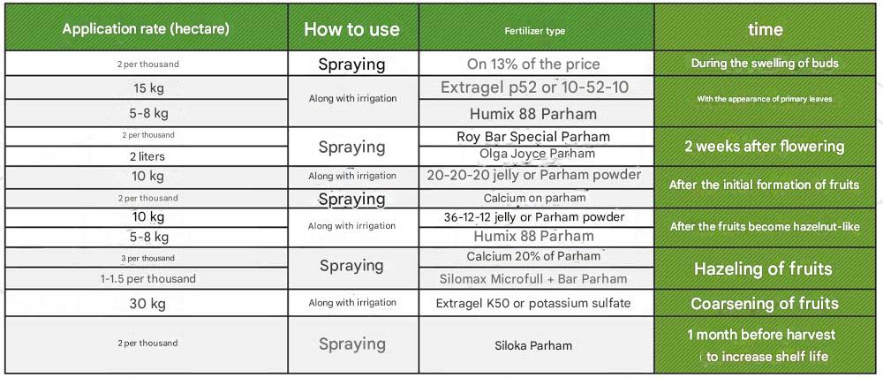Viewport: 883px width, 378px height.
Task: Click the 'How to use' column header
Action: pos(352,29)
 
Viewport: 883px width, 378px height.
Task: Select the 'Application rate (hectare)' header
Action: pos(146,29)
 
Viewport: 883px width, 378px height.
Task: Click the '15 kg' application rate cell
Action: pos(147,88)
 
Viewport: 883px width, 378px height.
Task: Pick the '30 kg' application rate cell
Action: pos(147,304)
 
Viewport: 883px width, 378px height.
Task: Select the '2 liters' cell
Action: pos(147,157)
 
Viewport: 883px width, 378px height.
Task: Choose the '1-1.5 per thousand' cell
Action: pos(147,279)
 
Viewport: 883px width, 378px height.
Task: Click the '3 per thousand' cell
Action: pos(147,258)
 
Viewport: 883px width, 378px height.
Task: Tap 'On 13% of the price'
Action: pos(533,64)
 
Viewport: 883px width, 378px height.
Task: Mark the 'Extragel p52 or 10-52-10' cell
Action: pos(534,88)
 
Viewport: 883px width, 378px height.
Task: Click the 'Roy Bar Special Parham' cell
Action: pos(533,137)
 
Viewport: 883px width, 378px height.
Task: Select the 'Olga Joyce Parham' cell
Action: pos(537,153)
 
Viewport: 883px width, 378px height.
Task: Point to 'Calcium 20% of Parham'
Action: pos(533,256)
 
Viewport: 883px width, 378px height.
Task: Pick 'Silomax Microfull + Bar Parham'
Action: pos(533,279)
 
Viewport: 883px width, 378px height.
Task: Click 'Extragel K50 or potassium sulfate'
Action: pos(533,303)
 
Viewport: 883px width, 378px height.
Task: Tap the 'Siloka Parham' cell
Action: pos(533,345)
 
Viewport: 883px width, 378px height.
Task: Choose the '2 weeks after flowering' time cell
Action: pos(764,147)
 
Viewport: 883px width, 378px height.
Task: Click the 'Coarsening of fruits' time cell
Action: pos(764,304)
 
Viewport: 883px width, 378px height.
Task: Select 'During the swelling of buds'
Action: pos(764,63)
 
